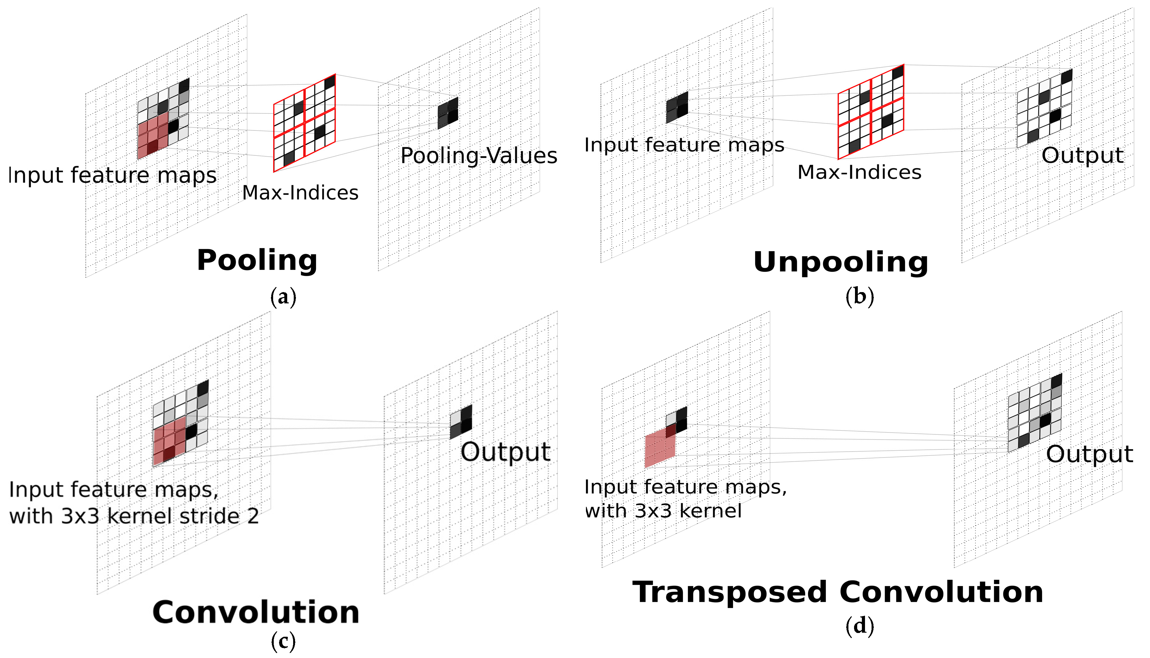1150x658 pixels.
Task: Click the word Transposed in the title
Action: pyautogui.click(x=730, y=592)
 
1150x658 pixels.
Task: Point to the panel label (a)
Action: pyautogui.click(x=283, y=297)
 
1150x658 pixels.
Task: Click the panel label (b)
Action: pyautogui.click(x=859, y=296)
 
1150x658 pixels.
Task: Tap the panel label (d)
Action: pyautogui.click(x=859, y=626)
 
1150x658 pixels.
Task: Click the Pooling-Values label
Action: pyautogui.click(x=479, y=156)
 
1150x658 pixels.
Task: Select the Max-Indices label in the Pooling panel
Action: pyautogui.click(x=300, y=193)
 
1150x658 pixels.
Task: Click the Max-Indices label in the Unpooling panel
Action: pyautogui.click(x=859, y=173)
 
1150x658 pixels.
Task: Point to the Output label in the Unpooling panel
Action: pyautogui.click(x=1082, y=156)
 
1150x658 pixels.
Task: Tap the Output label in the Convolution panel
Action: pyautogui.click(x=505, y=452)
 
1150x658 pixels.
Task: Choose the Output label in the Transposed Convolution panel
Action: pyautogui.click(x=1089, y=454)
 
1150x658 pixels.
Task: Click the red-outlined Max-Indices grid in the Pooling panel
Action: pyautogui.click(x=304, y=123)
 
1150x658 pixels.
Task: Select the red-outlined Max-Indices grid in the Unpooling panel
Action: pyautogui.click(x=871, y=112)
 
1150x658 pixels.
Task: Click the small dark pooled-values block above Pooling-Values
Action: pyautogui.click(x=448, y=113)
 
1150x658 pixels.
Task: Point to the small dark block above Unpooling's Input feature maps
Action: pyautogui.click(x=677, y=107)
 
